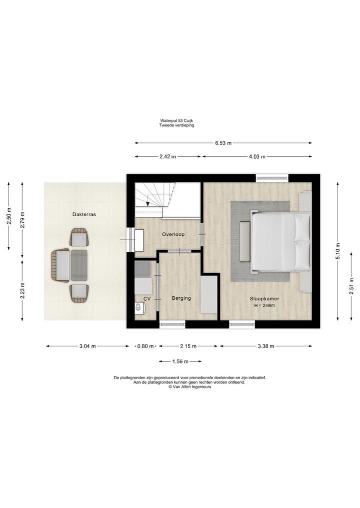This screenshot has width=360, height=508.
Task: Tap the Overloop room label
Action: [172, 234]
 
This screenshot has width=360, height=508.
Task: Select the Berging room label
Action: [181, 298]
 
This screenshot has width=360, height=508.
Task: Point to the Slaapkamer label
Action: [264, 299]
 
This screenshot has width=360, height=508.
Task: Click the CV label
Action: [147, 298]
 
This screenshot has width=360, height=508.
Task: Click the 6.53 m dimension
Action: [223, 143]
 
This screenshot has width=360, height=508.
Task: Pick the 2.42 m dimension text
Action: [167, 156]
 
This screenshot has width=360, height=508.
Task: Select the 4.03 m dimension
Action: [257, 156]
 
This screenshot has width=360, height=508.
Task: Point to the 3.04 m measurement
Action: [87, 346]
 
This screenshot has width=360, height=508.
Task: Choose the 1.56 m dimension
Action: [180, 361]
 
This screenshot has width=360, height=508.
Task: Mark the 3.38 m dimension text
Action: [265, 346]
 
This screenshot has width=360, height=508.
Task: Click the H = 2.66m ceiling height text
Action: [264, 306]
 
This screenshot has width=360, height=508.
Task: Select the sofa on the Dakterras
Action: [60, 266]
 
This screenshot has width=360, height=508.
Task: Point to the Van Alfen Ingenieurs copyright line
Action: [189, 387]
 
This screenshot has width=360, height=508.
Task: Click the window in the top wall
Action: [272, 177]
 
